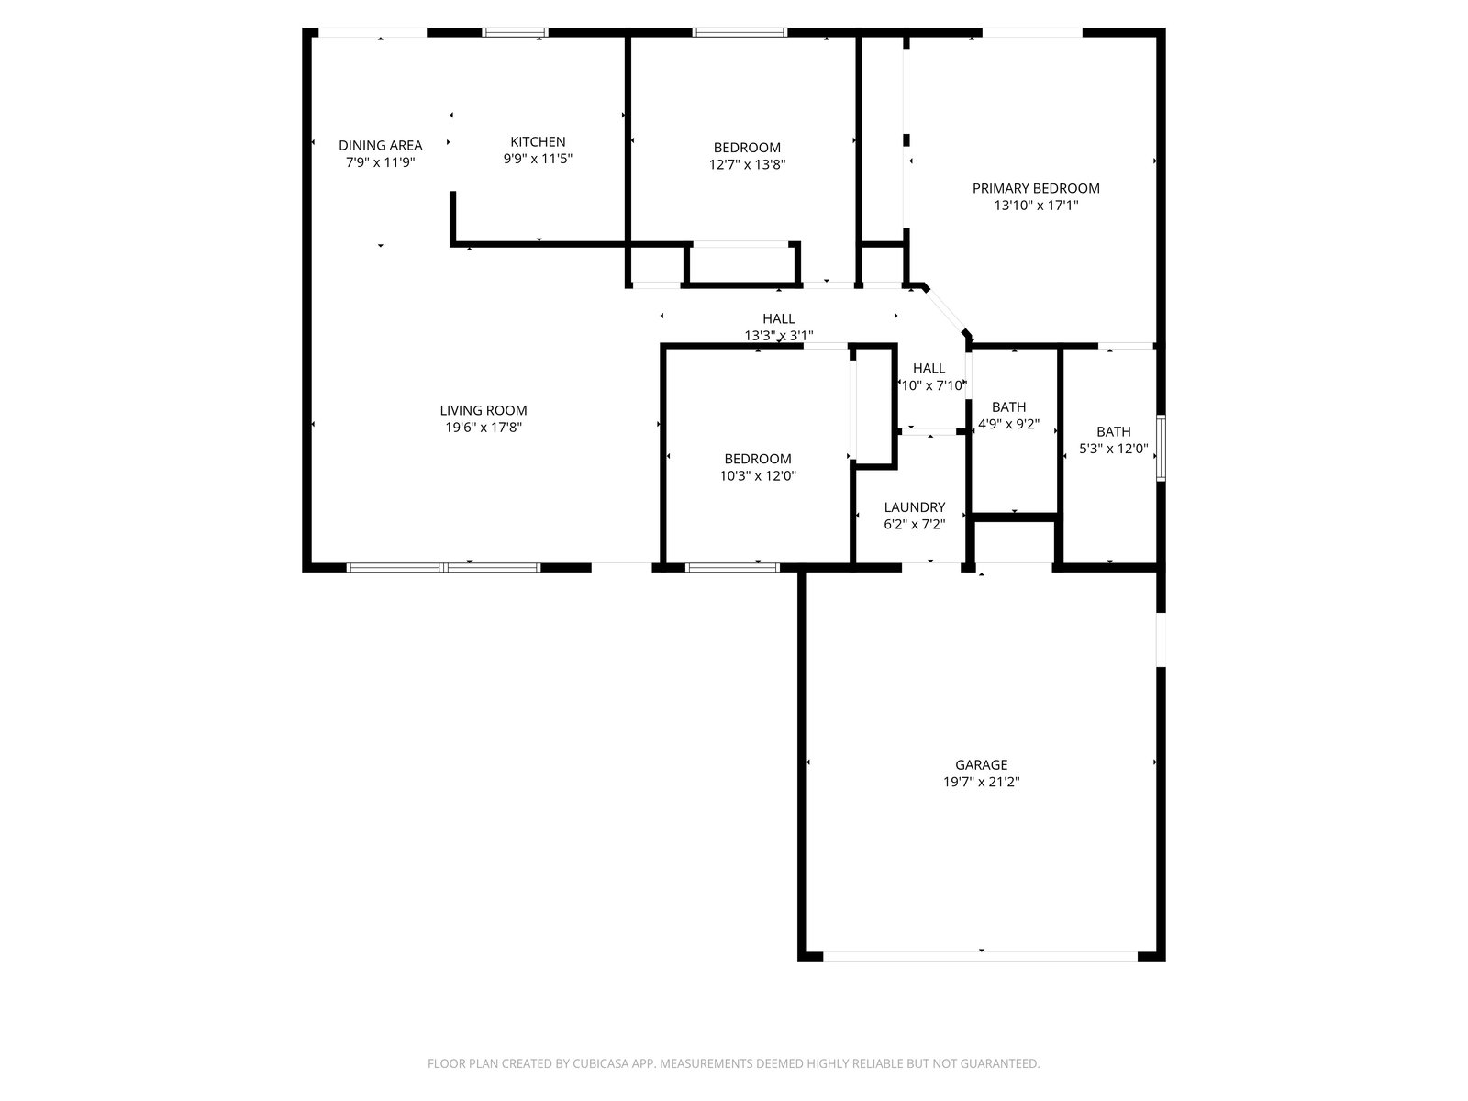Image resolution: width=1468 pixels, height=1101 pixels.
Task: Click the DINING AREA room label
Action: pyautogui.click(x=380, y=145)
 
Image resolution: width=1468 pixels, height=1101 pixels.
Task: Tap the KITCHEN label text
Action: pyautogui.click(x=538, y=141)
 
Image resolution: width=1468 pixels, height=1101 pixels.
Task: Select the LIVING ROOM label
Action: pyautogui.click(x=483, y=410)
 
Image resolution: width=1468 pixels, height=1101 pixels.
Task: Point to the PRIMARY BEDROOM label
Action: pyautogui.click(x=1035, y=188)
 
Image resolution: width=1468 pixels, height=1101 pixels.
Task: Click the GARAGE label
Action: pyautogui.click(x=981, y=765)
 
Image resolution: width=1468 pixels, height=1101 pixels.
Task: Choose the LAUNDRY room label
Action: pyautogui.click(x=914, y=507)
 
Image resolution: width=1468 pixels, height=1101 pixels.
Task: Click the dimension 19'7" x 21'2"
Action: pyautogui.click(x=981, y=782)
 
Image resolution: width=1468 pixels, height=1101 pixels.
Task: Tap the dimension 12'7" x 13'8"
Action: pyautogui.click(x=747, y=164)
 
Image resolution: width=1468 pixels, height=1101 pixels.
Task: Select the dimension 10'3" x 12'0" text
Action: pyautogui.click(x=758, y=476)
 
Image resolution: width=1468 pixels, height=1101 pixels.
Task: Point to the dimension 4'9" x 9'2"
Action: pyautogui.click(x=1008, y=424)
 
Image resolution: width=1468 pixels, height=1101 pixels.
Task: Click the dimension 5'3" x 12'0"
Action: pyautogui.click(x=1114, y=449)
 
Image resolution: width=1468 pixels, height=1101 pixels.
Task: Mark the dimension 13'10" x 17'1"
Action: pyautogui.click(x=1036, y=206)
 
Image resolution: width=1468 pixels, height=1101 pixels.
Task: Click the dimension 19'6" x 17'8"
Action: pyautogui.click(x=484, y=428)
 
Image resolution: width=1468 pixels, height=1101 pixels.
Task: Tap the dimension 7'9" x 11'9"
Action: pyautogui.click(x=380, y=162)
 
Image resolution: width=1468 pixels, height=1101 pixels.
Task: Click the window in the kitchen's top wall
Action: pyautogui.click(x=515, y=32)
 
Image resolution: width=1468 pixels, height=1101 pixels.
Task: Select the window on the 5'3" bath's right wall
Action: pyautogui.click(x=1161, y=448)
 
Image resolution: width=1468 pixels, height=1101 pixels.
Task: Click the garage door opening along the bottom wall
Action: pyautogui.click(x=980, y=957)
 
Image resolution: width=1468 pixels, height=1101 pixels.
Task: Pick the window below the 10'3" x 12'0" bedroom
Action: pyautogui.click(x=732, y=568)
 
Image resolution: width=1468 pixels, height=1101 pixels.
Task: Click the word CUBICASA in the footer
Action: pyautogui.click(x=601, y=1063)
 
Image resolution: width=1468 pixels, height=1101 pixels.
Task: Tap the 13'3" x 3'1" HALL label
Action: pyautogui.click(x=778, y=327)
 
